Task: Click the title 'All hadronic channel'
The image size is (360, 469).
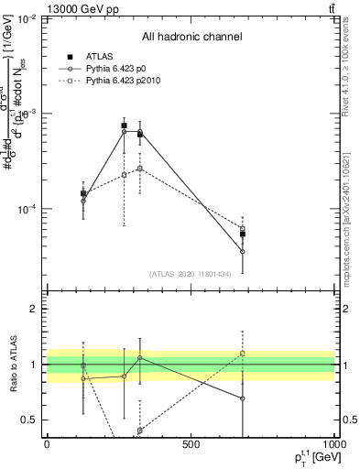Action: coord(191,37)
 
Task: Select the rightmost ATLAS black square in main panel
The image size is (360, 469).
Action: coord(243,234)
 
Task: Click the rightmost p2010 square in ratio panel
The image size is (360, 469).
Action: coord(243,353)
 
